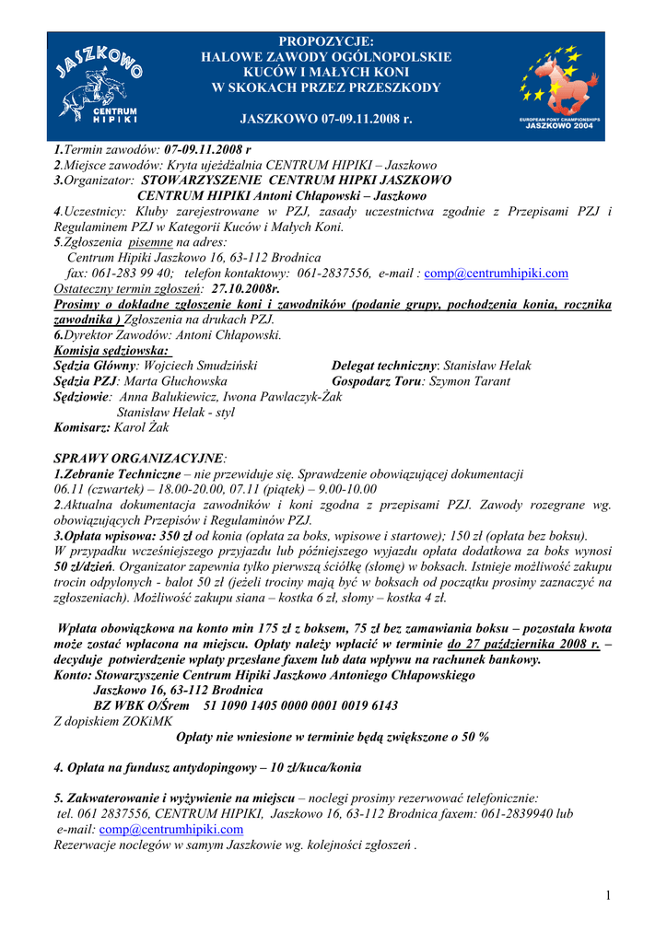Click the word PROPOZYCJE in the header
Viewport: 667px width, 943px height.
[326, 41]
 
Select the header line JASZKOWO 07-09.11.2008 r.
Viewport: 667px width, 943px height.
[326, 120]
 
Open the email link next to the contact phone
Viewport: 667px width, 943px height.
[496, 274]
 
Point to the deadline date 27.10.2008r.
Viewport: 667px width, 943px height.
[245, 288]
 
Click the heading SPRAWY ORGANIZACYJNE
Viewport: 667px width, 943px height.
[138, 459]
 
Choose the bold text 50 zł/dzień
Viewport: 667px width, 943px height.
[84, 566]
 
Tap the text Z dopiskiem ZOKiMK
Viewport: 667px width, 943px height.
[113, 721]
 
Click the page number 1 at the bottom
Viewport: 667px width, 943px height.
[609, 896]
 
